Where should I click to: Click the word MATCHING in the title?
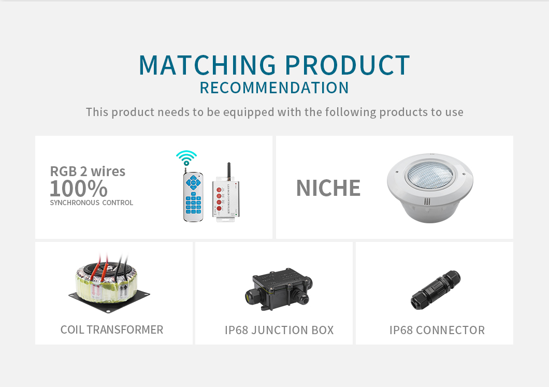point(208,65)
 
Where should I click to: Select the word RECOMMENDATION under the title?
point(274,88)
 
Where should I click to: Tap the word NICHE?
point(328,188)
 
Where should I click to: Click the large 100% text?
point(78,189)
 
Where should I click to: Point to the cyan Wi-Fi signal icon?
point(186,158)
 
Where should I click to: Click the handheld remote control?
point(193,196)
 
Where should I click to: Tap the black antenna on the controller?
point(228,171)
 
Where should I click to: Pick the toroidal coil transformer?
point(109,283)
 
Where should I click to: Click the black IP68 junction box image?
point(279,290)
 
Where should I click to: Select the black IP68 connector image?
point(436,290)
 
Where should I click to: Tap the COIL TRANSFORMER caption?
point(112,329)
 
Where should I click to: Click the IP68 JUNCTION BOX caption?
point(279,330)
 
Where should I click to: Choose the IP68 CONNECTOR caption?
point(437,330)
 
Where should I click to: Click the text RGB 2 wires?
point(88,171)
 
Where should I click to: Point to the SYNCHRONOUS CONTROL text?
point(91,203)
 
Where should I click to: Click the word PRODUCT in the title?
point(347,65)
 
